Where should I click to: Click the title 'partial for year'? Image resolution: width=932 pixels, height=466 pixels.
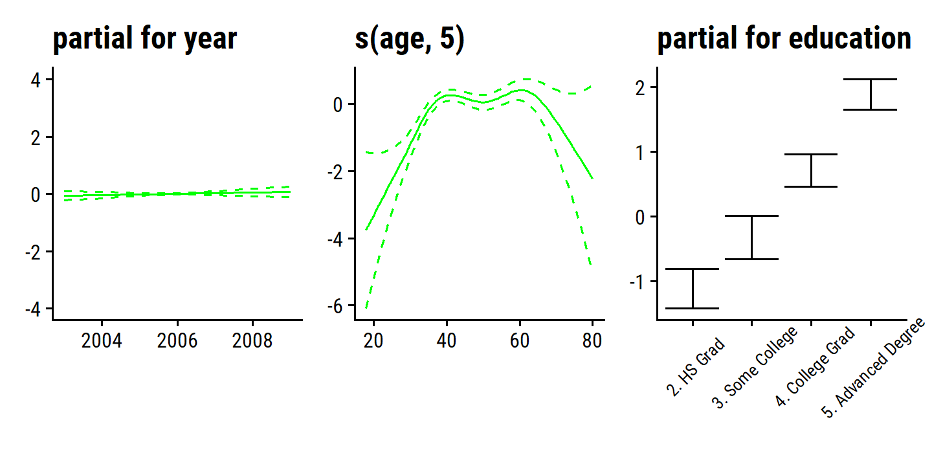[145, 40]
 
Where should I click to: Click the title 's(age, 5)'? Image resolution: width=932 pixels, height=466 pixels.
[410, 40]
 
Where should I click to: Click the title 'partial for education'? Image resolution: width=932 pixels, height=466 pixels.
[784, 40]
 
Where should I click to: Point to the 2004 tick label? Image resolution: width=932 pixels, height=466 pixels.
[102, 341]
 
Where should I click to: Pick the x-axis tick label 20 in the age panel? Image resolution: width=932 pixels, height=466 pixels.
[373, 341]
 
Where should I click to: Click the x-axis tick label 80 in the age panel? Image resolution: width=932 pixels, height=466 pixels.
[592, 341]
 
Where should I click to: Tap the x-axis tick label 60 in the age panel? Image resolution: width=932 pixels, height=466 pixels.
[519, 341]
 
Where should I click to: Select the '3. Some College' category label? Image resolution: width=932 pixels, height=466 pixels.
[754, 368]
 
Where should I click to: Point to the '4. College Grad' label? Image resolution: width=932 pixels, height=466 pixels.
[815, 368]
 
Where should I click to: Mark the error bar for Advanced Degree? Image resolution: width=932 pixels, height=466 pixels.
[871, 94]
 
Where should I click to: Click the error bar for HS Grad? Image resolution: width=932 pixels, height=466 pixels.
[693, 289]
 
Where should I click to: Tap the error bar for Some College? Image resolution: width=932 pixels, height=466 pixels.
[751, 238]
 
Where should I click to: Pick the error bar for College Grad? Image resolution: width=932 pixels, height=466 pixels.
[811, 170]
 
